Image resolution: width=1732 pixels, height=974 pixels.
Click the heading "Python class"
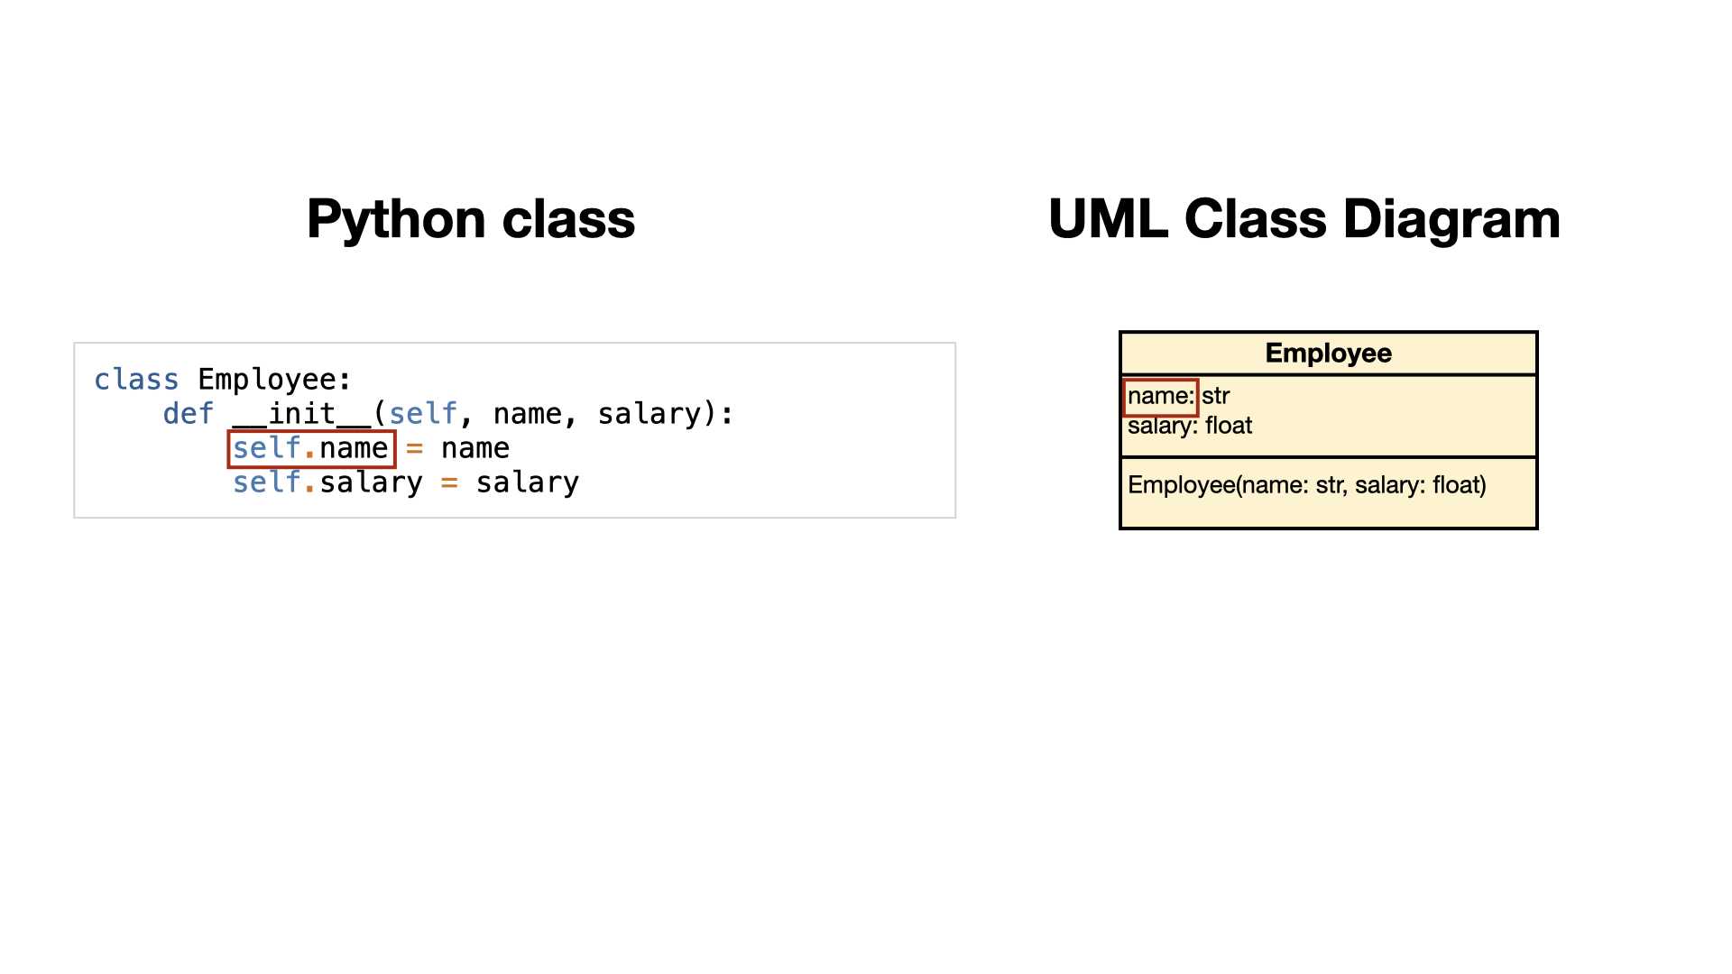[471, 219]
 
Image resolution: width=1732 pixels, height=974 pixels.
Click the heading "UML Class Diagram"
[1304, 219]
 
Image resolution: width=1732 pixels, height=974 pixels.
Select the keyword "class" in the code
[136, 380]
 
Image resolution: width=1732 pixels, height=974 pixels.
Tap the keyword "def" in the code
[189, 414]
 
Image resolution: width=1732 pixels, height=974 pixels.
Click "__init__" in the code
[301, 414]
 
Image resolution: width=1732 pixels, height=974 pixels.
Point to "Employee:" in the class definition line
[275, 381]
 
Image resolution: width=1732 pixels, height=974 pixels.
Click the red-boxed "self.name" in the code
[311, 448]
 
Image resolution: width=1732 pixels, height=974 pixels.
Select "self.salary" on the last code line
[327, 482]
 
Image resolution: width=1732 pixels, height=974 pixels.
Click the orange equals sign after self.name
[415, 448]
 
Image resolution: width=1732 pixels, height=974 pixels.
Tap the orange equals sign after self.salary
[449, 483]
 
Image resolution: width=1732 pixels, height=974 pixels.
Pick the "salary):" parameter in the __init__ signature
[666, 414]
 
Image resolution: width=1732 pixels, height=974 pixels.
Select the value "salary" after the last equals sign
[528, 482]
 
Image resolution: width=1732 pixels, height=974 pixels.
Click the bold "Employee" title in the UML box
[1328, 353]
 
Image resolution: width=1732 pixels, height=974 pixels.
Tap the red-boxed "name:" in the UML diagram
[1161, 396]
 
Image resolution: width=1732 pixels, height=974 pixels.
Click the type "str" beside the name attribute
[1216, 396]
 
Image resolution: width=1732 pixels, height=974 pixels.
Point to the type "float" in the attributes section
[1229, 426]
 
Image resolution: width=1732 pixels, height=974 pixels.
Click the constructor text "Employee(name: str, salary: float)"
[1307, 485]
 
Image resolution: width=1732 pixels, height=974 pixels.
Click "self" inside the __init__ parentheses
[423, 414]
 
